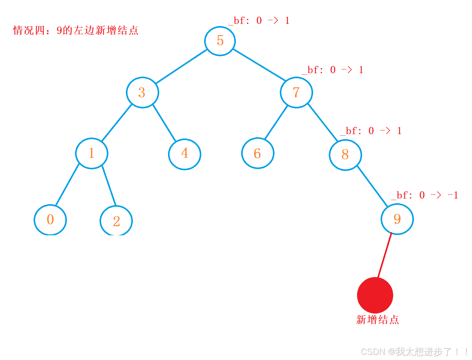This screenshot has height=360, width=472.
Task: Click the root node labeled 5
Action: click(x=220, y=41)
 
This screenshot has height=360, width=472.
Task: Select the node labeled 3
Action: click(x=142, y=92)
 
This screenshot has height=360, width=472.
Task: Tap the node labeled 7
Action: click(x=296, y=92)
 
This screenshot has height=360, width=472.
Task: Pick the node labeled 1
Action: click(x=92, y=153)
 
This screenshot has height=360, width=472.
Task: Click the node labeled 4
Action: click(x=185, y=154)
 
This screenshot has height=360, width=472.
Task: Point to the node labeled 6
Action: click(x=258, y=153)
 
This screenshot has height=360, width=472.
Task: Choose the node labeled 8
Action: click(x=345, y=155)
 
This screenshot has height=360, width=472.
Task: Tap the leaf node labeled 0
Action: click(x=50, y=220)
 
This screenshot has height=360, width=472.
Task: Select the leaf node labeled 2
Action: click(x=116, y=221)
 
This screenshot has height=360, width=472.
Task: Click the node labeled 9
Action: click(x=397, y=219)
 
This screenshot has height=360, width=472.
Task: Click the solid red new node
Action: click(x=375, y=295)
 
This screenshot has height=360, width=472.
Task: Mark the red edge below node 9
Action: click(x=385, y=255)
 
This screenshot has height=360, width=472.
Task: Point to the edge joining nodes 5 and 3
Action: click(x=182, y=67)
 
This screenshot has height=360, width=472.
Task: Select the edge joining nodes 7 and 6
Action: click(x=276, y=123)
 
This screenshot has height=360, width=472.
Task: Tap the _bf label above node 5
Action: click(x=259, y=21)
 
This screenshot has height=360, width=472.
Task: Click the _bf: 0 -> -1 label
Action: click(x=425, y=195)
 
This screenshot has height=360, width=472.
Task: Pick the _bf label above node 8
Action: click(x=371, y=131)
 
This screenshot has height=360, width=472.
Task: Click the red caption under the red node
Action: click(x=377, y=320)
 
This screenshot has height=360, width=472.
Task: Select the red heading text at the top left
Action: click(x=76, y=30)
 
